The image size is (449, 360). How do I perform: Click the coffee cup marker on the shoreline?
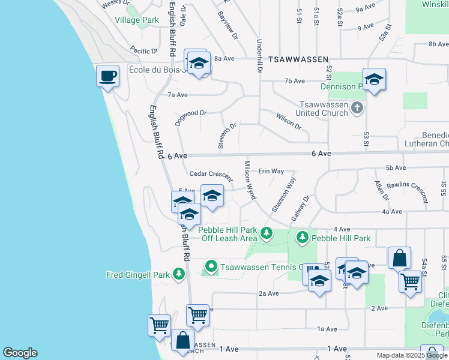pyautogui.click(x=108, y=77)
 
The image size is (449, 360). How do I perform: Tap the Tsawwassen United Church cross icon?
pyautogui.click(x=357, y=108)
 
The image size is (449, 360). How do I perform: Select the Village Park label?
pyautogui.click(x=137, y=20)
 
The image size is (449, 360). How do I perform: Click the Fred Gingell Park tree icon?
pyautogui.click(x=178, y=274)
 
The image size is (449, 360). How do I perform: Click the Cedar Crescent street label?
pyautogui.click(x=211, y=175)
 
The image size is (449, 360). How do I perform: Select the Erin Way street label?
pyautogui.click(x=271, y=171)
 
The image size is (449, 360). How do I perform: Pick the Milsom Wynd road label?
pyautogui.click(x=250, y=179)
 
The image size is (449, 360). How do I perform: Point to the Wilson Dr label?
pyautogui.click(x=288, y=121)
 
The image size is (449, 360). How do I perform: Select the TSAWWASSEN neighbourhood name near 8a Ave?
pyautogui.click(x=298, y=59)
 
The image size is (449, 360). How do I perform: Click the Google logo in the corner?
pyautogui.click(x=20, y=353)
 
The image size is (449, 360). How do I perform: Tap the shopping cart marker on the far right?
pyautogui.click(x=411, y=280)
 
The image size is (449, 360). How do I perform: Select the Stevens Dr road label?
pyautogui.click(x=229, y=137)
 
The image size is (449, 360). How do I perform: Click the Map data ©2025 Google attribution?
pyautogui.click(x=412, y=355)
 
